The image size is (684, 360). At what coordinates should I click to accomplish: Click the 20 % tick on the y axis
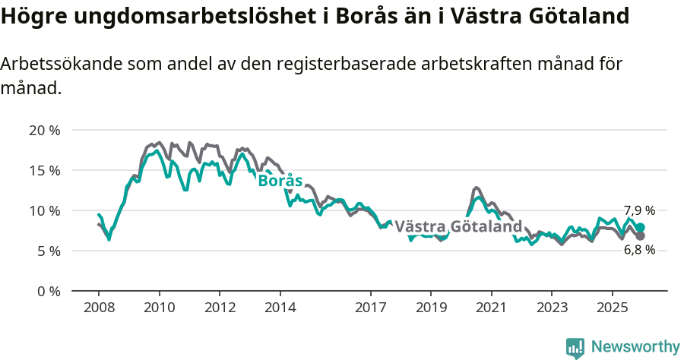click(44, 130)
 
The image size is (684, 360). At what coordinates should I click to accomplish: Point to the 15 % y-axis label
click(44, 170)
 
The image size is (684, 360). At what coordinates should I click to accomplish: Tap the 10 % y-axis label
click(44, 210)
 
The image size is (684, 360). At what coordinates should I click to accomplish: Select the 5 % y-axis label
click(47, 251)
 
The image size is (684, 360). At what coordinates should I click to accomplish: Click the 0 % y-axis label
click(47, 291)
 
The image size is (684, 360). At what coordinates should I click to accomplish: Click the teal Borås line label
click(280, 181)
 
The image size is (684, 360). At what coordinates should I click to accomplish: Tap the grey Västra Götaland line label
click(458, 226)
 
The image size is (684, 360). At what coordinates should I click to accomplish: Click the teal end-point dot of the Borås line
click(641, 228)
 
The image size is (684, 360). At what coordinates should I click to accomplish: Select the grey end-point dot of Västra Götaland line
click(641, 236)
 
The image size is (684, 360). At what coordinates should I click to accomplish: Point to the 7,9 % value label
click(639, 210)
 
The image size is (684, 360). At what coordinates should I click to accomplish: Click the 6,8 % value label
click(639, 251)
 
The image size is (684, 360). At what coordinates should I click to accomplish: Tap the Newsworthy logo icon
click(575, 348)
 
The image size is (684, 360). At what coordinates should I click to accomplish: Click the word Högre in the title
click(32, 17)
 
